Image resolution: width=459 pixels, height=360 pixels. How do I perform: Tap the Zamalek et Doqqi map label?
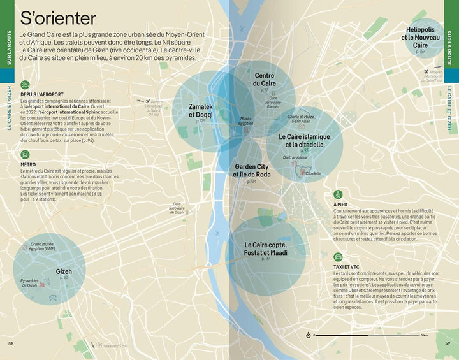201,110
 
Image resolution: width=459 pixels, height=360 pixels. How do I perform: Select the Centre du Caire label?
264,80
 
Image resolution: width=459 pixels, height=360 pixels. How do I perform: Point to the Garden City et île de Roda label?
252,170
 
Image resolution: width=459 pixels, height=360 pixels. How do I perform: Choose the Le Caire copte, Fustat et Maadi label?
266,248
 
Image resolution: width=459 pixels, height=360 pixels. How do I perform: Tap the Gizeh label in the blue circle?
64,271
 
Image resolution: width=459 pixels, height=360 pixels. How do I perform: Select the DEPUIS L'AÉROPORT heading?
43,94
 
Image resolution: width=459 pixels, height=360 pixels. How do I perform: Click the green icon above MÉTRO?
25,154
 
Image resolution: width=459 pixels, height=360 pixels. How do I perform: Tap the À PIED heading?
340,204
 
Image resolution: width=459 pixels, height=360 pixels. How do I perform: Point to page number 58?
11,344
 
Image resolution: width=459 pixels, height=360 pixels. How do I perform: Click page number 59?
448,344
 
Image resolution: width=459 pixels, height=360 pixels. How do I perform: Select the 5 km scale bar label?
423,335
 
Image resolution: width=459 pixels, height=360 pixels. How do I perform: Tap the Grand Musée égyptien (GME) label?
42,246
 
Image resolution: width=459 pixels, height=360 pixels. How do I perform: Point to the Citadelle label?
314,173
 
